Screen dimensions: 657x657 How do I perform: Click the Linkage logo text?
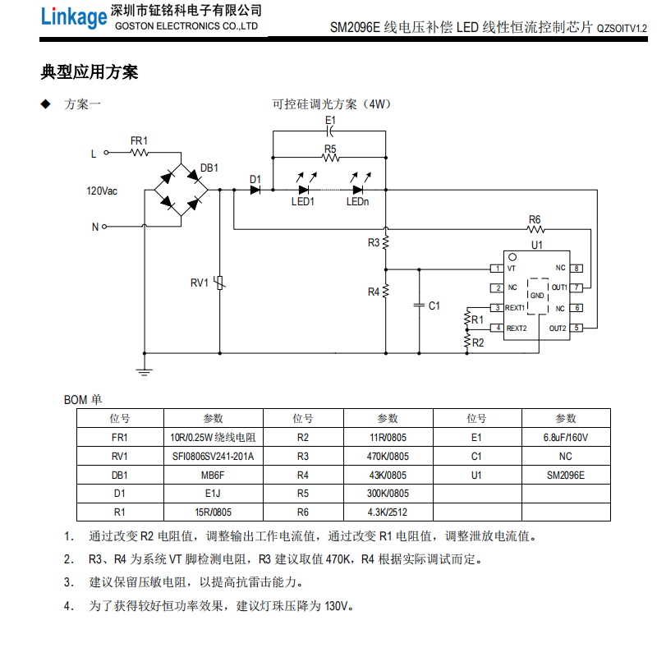point(74,17)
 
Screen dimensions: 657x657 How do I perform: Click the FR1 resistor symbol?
point(139,152)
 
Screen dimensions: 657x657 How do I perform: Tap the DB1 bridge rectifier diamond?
point(181,190)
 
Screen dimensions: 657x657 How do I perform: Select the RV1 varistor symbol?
point(219,283)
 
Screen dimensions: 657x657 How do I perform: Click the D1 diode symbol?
point(255,190)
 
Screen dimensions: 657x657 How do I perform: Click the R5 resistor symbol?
point(330,159)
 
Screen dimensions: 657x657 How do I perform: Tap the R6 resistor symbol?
point(535,229)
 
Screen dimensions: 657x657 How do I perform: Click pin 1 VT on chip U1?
point(497,269)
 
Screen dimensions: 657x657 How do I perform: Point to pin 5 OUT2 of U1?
point(577,328)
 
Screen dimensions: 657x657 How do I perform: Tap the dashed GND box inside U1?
point(536,295)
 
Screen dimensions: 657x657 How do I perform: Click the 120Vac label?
point(102,191)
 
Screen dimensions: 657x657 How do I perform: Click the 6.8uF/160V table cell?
point(566,438)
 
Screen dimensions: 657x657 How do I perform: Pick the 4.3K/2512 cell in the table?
point(388,513)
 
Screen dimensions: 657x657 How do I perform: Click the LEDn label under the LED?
point(357,202)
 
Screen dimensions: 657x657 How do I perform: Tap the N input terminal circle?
point(105,227)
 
